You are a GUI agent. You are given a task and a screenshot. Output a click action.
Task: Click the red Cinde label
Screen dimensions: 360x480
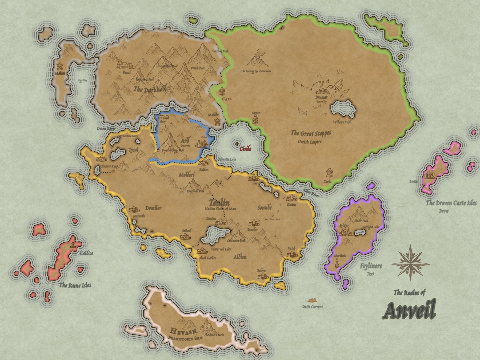[x=245, y=149]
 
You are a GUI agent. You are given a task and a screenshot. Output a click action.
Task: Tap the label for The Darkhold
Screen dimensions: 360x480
[x=150, y=89]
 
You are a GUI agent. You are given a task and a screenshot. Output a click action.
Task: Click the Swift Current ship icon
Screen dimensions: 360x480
[x=312, y=301]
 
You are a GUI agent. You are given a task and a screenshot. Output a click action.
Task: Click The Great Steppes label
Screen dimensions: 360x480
[x=311, y=133]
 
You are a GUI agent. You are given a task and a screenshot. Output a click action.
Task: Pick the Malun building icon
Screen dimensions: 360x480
[x=59, y=66]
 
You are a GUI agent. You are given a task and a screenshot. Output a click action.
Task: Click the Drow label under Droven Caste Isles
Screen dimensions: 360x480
[x=444, y=211]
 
